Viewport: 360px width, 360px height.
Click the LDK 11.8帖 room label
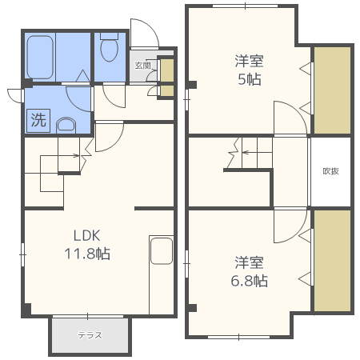[87, 244]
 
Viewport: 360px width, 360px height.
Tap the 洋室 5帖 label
[250, 70]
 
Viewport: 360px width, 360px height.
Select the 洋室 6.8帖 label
[250, 271]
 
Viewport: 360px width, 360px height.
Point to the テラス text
[90, 335]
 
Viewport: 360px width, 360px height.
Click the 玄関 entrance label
[142, 66]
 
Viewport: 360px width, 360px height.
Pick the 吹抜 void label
[331, 171]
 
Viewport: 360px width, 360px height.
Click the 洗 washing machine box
[38, 121]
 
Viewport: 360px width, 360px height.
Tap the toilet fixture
[110, 47]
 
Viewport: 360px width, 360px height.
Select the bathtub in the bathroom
[40, 58]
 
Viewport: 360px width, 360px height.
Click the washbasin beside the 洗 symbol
[66, 125]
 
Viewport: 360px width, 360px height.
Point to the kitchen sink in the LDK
[162, 251]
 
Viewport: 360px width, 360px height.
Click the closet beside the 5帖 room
[332, 90]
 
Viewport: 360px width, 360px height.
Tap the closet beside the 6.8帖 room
[332, 261]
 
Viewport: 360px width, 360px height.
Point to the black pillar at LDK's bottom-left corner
[27, 310]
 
